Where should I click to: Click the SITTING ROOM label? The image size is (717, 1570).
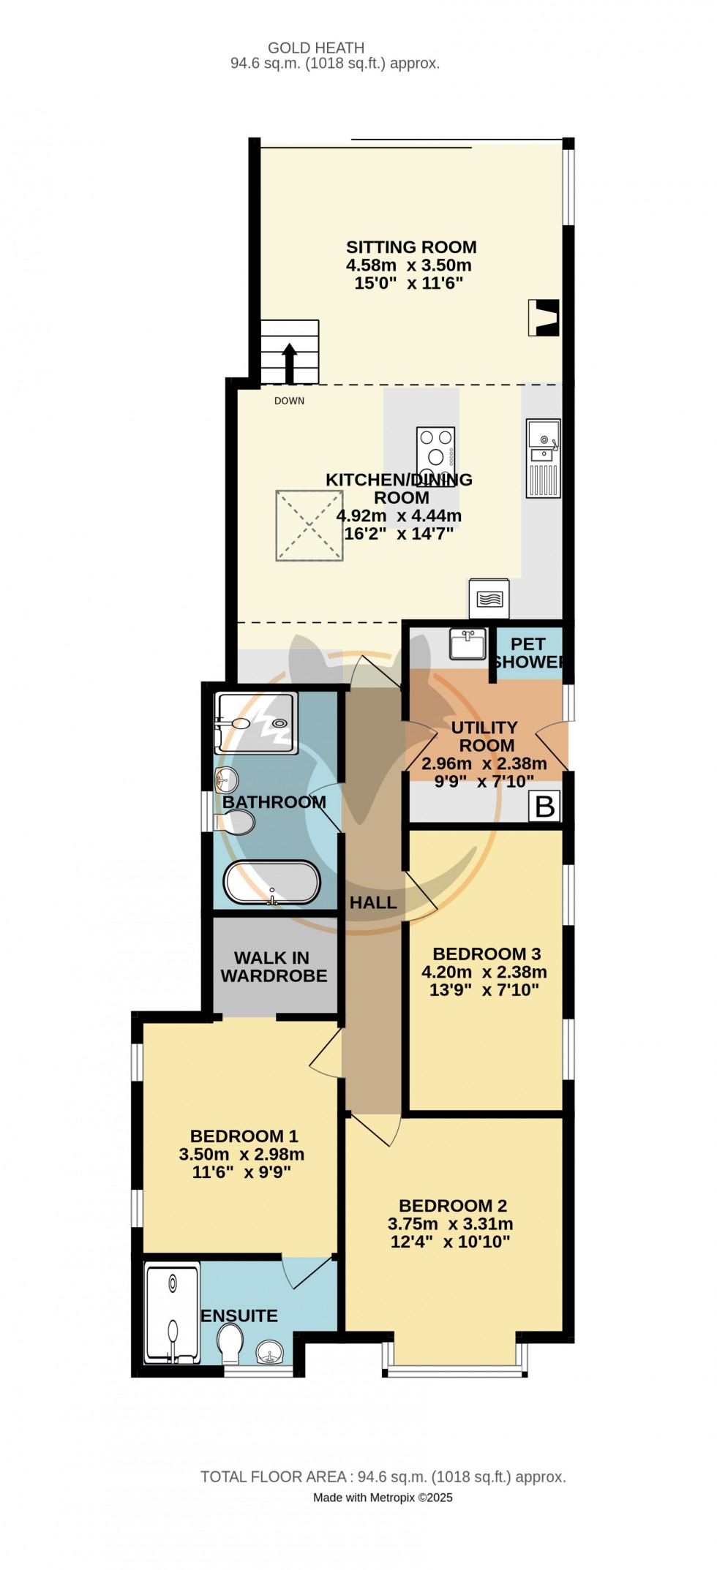pos(411,247)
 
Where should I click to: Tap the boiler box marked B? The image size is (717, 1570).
pos(545,806)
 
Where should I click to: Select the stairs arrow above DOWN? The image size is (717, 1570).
pos(290,362)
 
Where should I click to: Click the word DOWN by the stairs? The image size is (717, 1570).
pos(289,401)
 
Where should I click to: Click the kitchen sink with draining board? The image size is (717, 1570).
pos(543,458)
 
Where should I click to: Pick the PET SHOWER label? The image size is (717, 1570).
pos(528,653)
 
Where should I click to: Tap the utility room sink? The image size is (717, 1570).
pos(468,644)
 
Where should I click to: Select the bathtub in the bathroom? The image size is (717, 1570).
pos(271,883)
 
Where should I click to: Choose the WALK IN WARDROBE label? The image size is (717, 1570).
pos(274,967)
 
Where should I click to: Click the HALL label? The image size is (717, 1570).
pos(373,903)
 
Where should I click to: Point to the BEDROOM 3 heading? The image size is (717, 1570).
pos(487,954)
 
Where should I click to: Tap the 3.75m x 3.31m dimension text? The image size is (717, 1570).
pos(450,1223)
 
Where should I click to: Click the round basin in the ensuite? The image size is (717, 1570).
pos(271,1353)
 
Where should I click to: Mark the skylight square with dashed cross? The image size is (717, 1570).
pos(309,526)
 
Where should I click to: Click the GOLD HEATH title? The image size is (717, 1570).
pos(316,48)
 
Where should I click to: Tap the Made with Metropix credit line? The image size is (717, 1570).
pos(383,1497)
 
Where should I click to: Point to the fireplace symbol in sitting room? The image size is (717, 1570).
pos(544,317)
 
